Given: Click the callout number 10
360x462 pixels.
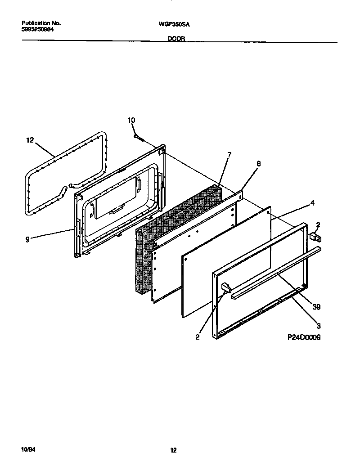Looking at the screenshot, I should [131, 120].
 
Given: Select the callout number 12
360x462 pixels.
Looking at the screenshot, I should [30, 140].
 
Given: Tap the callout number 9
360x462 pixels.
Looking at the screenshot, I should [27, 240].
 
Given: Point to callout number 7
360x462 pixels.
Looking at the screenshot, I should [229, 155].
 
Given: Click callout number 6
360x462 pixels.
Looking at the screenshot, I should [258, 164].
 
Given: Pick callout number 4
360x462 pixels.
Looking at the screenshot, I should [312, 202].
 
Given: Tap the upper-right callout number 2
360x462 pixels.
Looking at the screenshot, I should [318, 224].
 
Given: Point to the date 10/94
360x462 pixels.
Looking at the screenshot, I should [27, 449].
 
